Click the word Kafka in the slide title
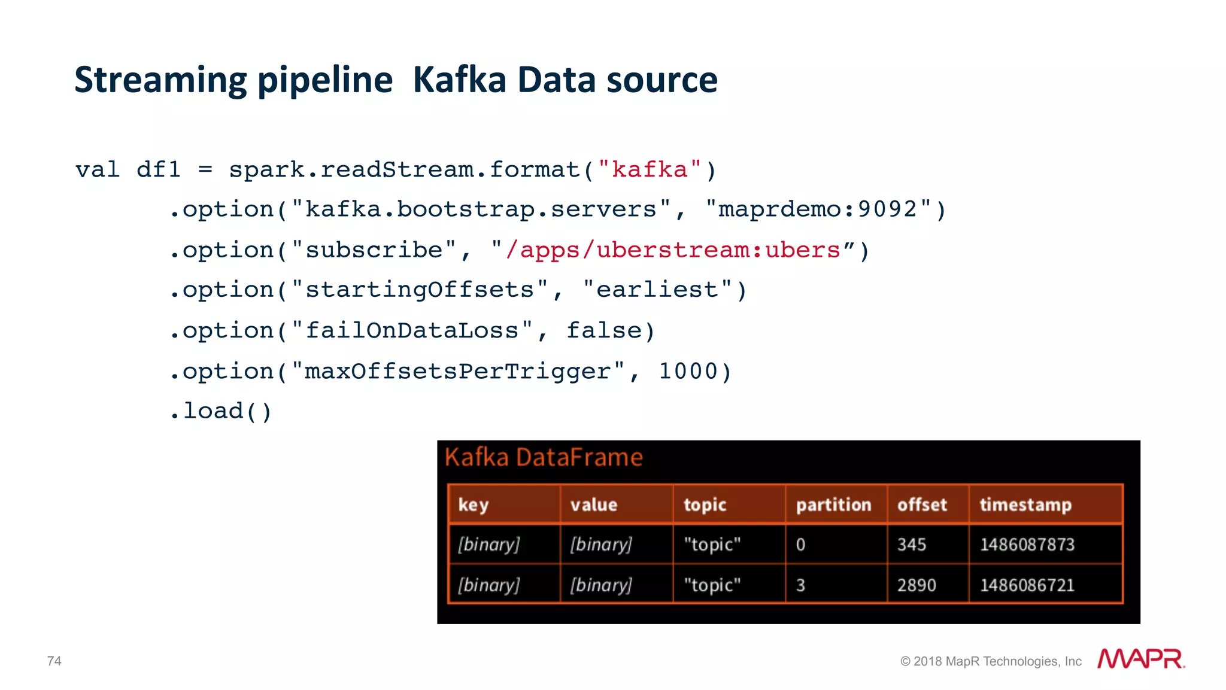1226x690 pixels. pyautogui.click(x=459, y=80)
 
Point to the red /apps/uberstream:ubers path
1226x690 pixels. pyautogui.click(x=673, y=250)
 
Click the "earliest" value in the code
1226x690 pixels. pyautogui.click(x=657, y=290)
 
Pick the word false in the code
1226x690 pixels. pyautogui.click(x=603, y=331)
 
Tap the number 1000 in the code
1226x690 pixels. pyautogui.click(x=687, y=372)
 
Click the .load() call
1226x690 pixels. pyautogui.click(x=221, y=412)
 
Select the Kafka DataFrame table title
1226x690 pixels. pyautogui.click(x=544, y=458)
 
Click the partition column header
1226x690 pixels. pyautogui.click(x=833, y=505)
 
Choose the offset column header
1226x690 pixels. pyautogui.click(x=922, y=505)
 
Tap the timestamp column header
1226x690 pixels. pyautogui.click(x=1025, y=505)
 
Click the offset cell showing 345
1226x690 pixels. pyautogui.click(x=912, y=545)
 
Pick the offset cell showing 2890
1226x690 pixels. pyautogui.click(x=917, y=585)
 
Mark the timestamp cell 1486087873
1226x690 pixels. pyautogui.click(x=1027, y=545)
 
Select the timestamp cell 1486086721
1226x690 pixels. pyautogui.click(x=1027, y=585)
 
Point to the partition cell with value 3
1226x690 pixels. pyautogui.click(x=800, y=585)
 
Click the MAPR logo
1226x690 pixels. pyautogui.click(x=1140, y=659)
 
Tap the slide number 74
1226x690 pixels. pyautogui.click(x=54, y=661)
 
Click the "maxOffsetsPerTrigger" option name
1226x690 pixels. pyautogui.click(x=458, y=372)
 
